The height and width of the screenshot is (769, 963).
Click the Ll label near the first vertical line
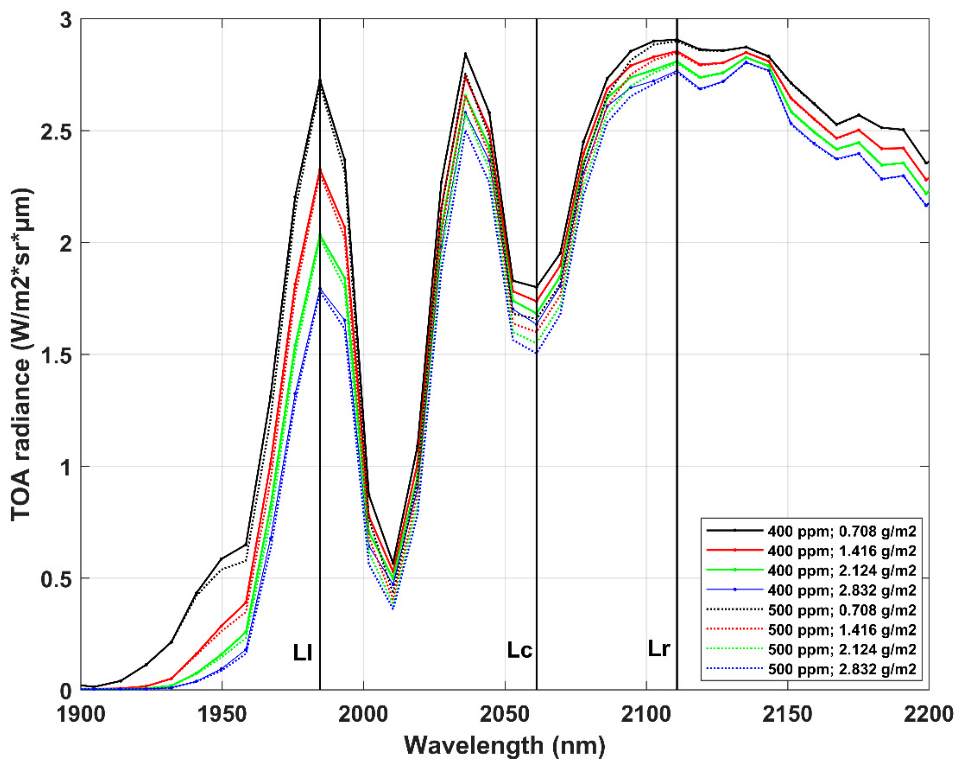coord(302,653)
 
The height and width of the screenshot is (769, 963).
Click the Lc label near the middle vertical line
coord(519,650)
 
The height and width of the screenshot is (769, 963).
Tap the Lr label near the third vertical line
coord(659,648)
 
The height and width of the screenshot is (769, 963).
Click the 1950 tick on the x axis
coord(222,715)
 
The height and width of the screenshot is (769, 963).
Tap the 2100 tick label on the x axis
coord(646,715)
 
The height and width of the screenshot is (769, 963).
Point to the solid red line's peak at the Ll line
coord(320,171)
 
